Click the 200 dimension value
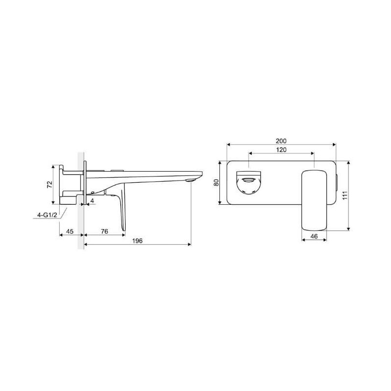tap(281, 141)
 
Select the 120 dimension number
tap(282, 150)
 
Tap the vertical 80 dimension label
tap(216, 182)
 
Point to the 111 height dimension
tap(345, 195)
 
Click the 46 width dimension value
tap(314, 236)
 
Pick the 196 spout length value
tap(137, 240)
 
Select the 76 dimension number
tap(105, 231)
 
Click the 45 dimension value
tap(70, 231)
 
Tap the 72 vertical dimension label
tap(50, 185)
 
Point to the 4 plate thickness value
tap(92, 200)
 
